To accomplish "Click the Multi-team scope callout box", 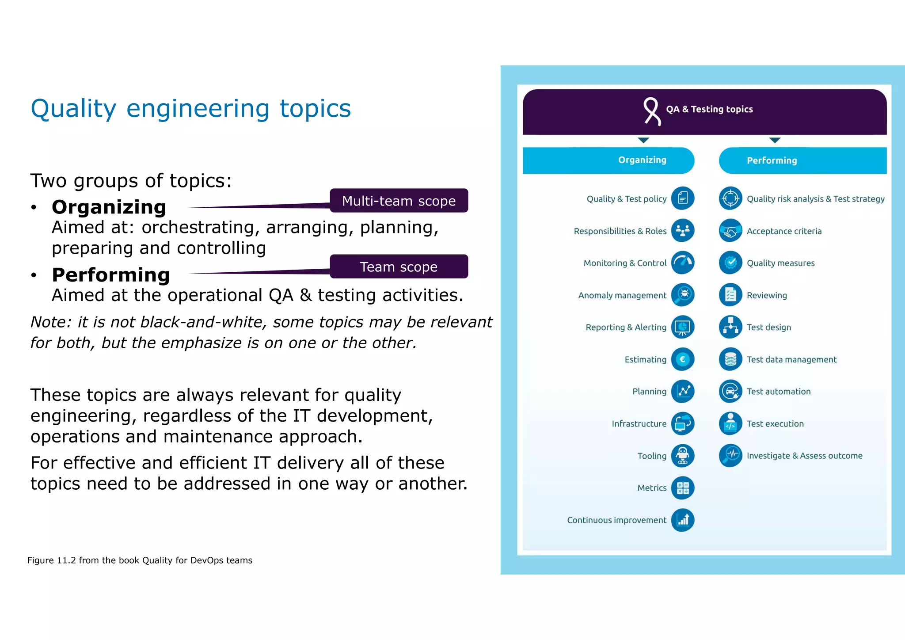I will [399, 201].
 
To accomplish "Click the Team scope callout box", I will [399, 267].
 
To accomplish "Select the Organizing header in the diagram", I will [642, 160].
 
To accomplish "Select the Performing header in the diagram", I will [772, 160].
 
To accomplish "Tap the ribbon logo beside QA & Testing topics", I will [651, 111].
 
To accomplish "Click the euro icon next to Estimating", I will [683, 359].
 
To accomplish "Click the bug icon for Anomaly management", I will [683, 295].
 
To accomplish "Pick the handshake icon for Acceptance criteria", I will [730, 231].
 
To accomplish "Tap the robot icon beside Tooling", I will [683, 456].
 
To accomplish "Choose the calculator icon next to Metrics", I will [683, 488].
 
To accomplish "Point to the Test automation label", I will [779, 392].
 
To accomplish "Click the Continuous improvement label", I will [616, 520].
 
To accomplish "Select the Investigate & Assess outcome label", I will [804, 456].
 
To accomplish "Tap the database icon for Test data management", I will [730, 359].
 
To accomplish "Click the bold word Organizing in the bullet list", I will [109, 207].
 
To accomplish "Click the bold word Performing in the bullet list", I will [110, 275].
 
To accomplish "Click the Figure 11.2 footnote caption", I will [140, 560].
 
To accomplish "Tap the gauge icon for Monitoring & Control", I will [683, 263].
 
